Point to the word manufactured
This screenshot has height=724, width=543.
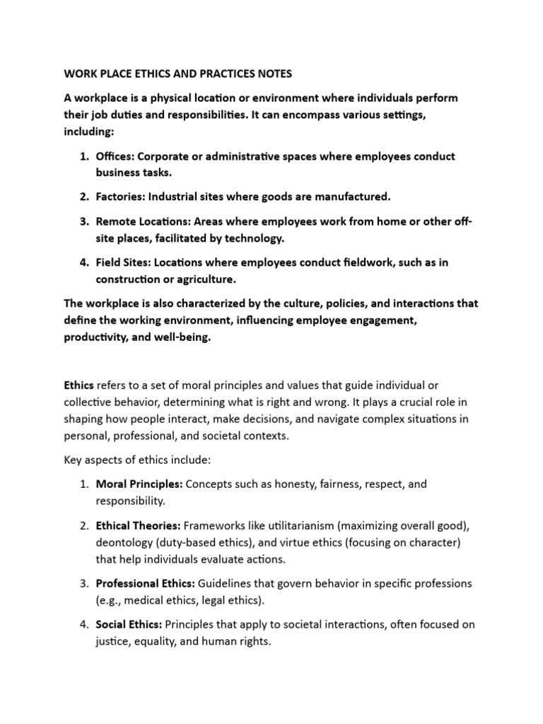coord(353,196)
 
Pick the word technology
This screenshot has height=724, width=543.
coord(252,238)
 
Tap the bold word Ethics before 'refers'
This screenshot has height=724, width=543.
coord(79,385)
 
